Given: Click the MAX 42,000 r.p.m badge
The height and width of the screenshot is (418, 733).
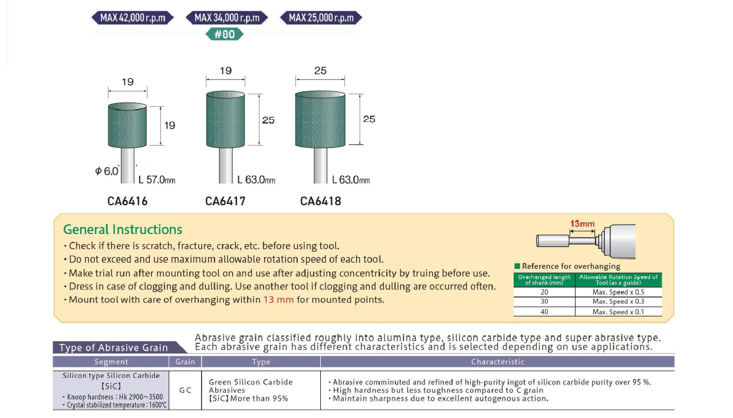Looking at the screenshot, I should pos(133,18).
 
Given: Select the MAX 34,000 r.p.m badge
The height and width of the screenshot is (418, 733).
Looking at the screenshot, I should pos(227,18).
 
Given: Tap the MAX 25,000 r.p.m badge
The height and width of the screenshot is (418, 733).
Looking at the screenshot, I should pos(321,18).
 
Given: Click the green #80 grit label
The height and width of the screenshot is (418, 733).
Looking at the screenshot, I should pos(224,34).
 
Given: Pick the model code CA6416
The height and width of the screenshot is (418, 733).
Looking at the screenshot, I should pos(127,201).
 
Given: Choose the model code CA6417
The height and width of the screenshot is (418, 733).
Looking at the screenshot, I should pos(225,201).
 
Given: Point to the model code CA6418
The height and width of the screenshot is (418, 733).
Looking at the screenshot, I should pos(320,201).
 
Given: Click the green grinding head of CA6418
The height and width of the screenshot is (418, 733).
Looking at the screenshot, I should pos(320,119).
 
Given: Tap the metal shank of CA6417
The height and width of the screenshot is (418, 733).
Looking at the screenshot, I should pos(226,165).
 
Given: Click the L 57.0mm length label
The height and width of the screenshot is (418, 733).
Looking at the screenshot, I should pos(157,180).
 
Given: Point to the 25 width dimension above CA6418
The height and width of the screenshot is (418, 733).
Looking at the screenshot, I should pos(320,71).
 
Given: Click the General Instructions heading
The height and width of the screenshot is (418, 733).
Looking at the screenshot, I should pos(123,229).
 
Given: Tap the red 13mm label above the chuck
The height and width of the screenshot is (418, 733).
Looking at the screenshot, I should pos(582,224).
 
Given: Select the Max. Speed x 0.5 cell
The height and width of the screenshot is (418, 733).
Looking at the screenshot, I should pos(618,292).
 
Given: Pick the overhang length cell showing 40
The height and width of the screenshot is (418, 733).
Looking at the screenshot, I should pos(544,312).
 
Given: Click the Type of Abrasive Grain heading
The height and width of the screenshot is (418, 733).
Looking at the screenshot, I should pos(113,347).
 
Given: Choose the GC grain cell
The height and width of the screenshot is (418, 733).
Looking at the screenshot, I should pos(185,390).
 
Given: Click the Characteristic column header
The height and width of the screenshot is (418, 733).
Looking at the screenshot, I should pos(497,361).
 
